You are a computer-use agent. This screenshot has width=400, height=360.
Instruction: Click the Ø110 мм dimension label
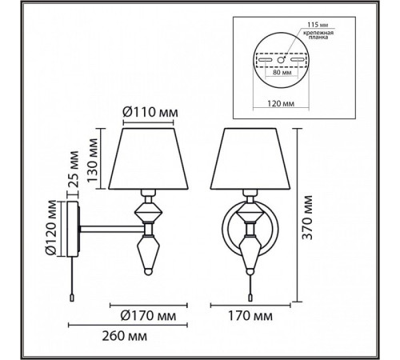pos(150,112)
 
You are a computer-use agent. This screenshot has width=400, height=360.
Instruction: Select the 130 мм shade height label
pos(93,160)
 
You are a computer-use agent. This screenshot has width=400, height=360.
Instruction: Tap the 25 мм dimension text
pos(74,170)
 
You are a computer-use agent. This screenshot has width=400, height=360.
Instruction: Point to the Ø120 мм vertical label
pos(51,227)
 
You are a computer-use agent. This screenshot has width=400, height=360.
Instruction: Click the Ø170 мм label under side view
pos(148,316)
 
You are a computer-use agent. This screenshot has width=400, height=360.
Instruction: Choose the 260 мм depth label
pos(125,336)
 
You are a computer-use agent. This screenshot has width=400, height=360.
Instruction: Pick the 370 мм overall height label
pos(307,218)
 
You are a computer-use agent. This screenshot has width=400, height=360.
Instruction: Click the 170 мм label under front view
pos(250,316)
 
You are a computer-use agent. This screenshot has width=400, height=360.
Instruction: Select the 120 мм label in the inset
pos(281,103)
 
